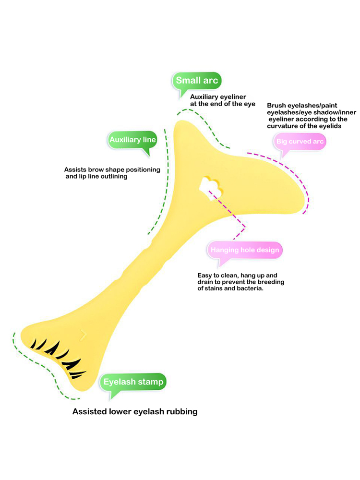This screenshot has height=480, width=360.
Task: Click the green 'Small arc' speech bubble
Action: (197, 81)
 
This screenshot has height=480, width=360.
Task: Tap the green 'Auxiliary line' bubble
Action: (132, 140)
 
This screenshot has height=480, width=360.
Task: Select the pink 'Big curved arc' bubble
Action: (300, 142)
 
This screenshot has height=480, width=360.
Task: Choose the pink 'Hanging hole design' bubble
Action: (245, 250)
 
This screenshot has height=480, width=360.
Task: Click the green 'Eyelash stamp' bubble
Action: (133, 382)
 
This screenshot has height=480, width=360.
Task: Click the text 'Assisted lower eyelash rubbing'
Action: (135, 411)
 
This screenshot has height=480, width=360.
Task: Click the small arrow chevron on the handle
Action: (84, 334)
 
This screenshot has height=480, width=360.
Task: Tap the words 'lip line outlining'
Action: (102, 176)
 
